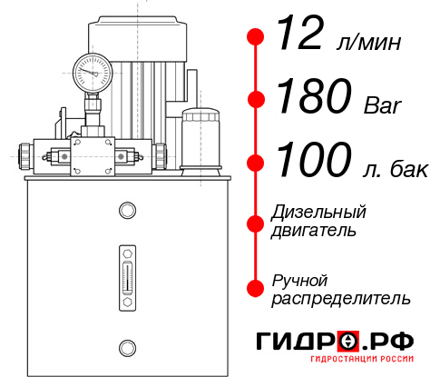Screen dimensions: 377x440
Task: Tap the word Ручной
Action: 299,279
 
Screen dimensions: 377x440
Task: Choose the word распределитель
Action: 341,297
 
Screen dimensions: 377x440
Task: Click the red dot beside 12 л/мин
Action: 256,38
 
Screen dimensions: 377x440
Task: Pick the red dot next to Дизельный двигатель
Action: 256,222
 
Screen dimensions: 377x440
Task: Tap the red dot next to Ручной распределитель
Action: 256,288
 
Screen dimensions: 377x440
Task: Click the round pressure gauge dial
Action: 93,70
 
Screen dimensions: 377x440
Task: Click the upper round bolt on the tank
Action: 126,212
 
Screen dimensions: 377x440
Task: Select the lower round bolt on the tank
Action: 126,346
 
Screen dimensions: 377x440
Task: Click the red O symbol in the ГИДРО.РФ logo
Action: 347,342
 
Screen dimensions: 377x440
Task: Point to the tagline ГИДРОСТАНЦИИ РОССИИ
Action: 363,365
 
